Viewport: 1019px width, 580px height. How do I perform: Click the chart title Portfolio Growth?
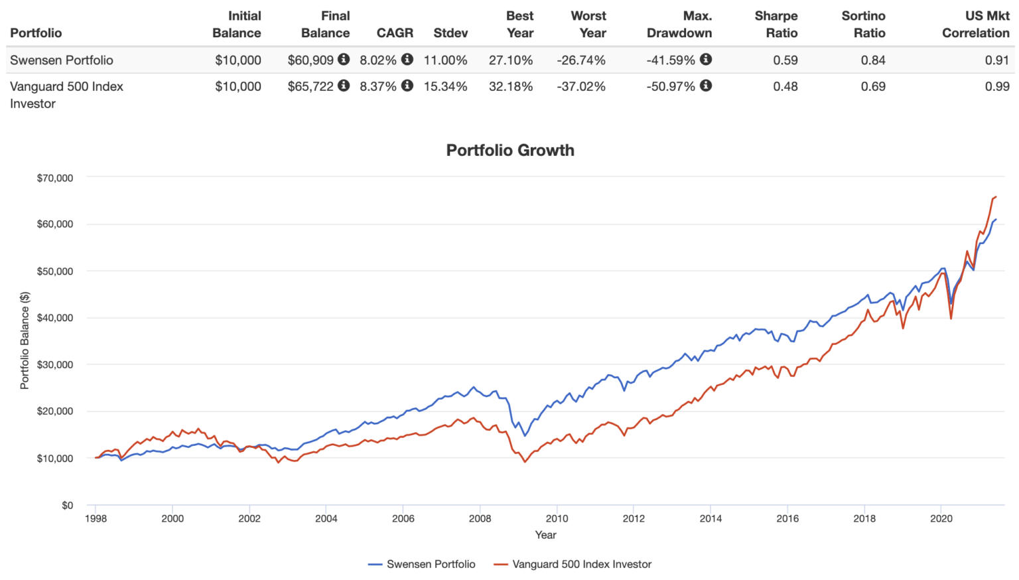(x=509, y=150)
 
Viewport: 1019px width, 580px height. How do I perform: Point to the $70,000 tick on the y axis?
(x=55, y=178)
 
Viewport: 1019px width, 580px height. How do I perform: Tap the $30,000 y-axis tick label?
(x=55, y=364)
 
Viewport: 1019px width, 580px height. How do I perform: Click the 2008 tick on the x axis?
(x=480, y=518)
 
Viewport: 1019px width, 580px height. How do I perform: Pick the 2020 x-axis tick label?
(x=941, y=518)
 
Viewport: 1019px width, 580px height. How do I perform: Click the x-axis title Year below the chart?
(x=545, y=535)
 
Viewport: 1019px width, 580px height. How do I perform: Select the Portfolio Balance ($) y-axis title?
(x=25, y=340)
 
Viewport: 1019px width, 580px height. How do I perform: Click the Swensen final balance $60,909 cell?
(x=310, y=60)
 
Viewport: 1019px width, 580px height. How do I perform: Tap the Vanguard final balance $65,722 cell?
(x=310, y=86)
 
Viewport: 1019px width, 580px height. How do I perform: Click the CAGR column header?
(x=395, y=33)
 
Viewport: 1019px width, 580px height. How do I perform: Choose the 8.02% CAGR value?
(x=378, y=60)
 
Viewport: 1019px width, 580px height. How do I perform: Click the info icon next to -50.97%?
(x=706, y=86)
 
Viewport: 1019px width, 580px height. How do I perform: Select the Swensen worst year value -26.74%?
(x=581, y=60)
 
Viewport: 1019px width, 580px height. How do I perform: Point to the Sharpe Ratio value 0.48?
(x=785, y=86)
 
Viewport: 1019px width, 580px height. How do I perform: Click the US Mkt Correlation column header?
(x=975, y=25)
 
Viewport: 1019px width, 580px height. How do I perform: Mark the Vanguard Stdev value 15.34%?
(x=445, y=86)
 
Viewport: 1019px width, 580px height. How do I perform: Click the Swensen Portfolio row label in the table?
(x=62, y=60)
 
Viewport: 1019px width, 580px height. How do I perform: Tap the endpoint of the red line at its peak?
(x=996, y=196)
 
